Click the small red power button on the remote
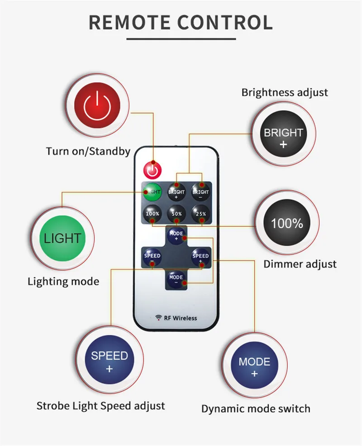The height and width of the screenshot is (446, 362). (x=152, y=171)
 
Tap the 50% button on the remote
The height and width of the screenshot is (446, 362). (x=176, y=213)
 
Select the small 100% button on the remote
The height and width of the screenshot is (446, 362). (x=152, y=213)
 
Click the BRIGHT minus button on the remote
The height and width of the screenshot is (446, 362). (x=200, y=192)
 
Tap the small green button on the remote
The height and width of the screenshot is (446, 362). (x=152, y=192)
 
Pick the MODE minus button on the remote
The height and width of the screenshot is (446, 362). (x=176, y=279)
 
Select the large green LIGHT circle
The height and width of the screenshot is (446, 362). (x=62, y=238)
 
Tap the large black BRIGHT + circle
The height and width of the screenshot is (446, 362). (x=284, y=138)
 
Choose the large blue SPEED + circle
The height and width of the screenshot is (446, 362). (x=109, y=361)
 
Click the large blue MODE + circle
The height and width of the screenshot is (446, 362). (x=254, y=367)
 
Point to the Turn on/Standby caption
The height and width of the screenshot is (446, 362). (x=88, y=151)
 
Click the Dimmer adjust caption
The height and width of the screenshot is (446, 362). (x=300, y=264)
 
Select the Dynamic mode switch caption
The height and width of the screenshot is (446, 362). (x=256, y=408)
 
